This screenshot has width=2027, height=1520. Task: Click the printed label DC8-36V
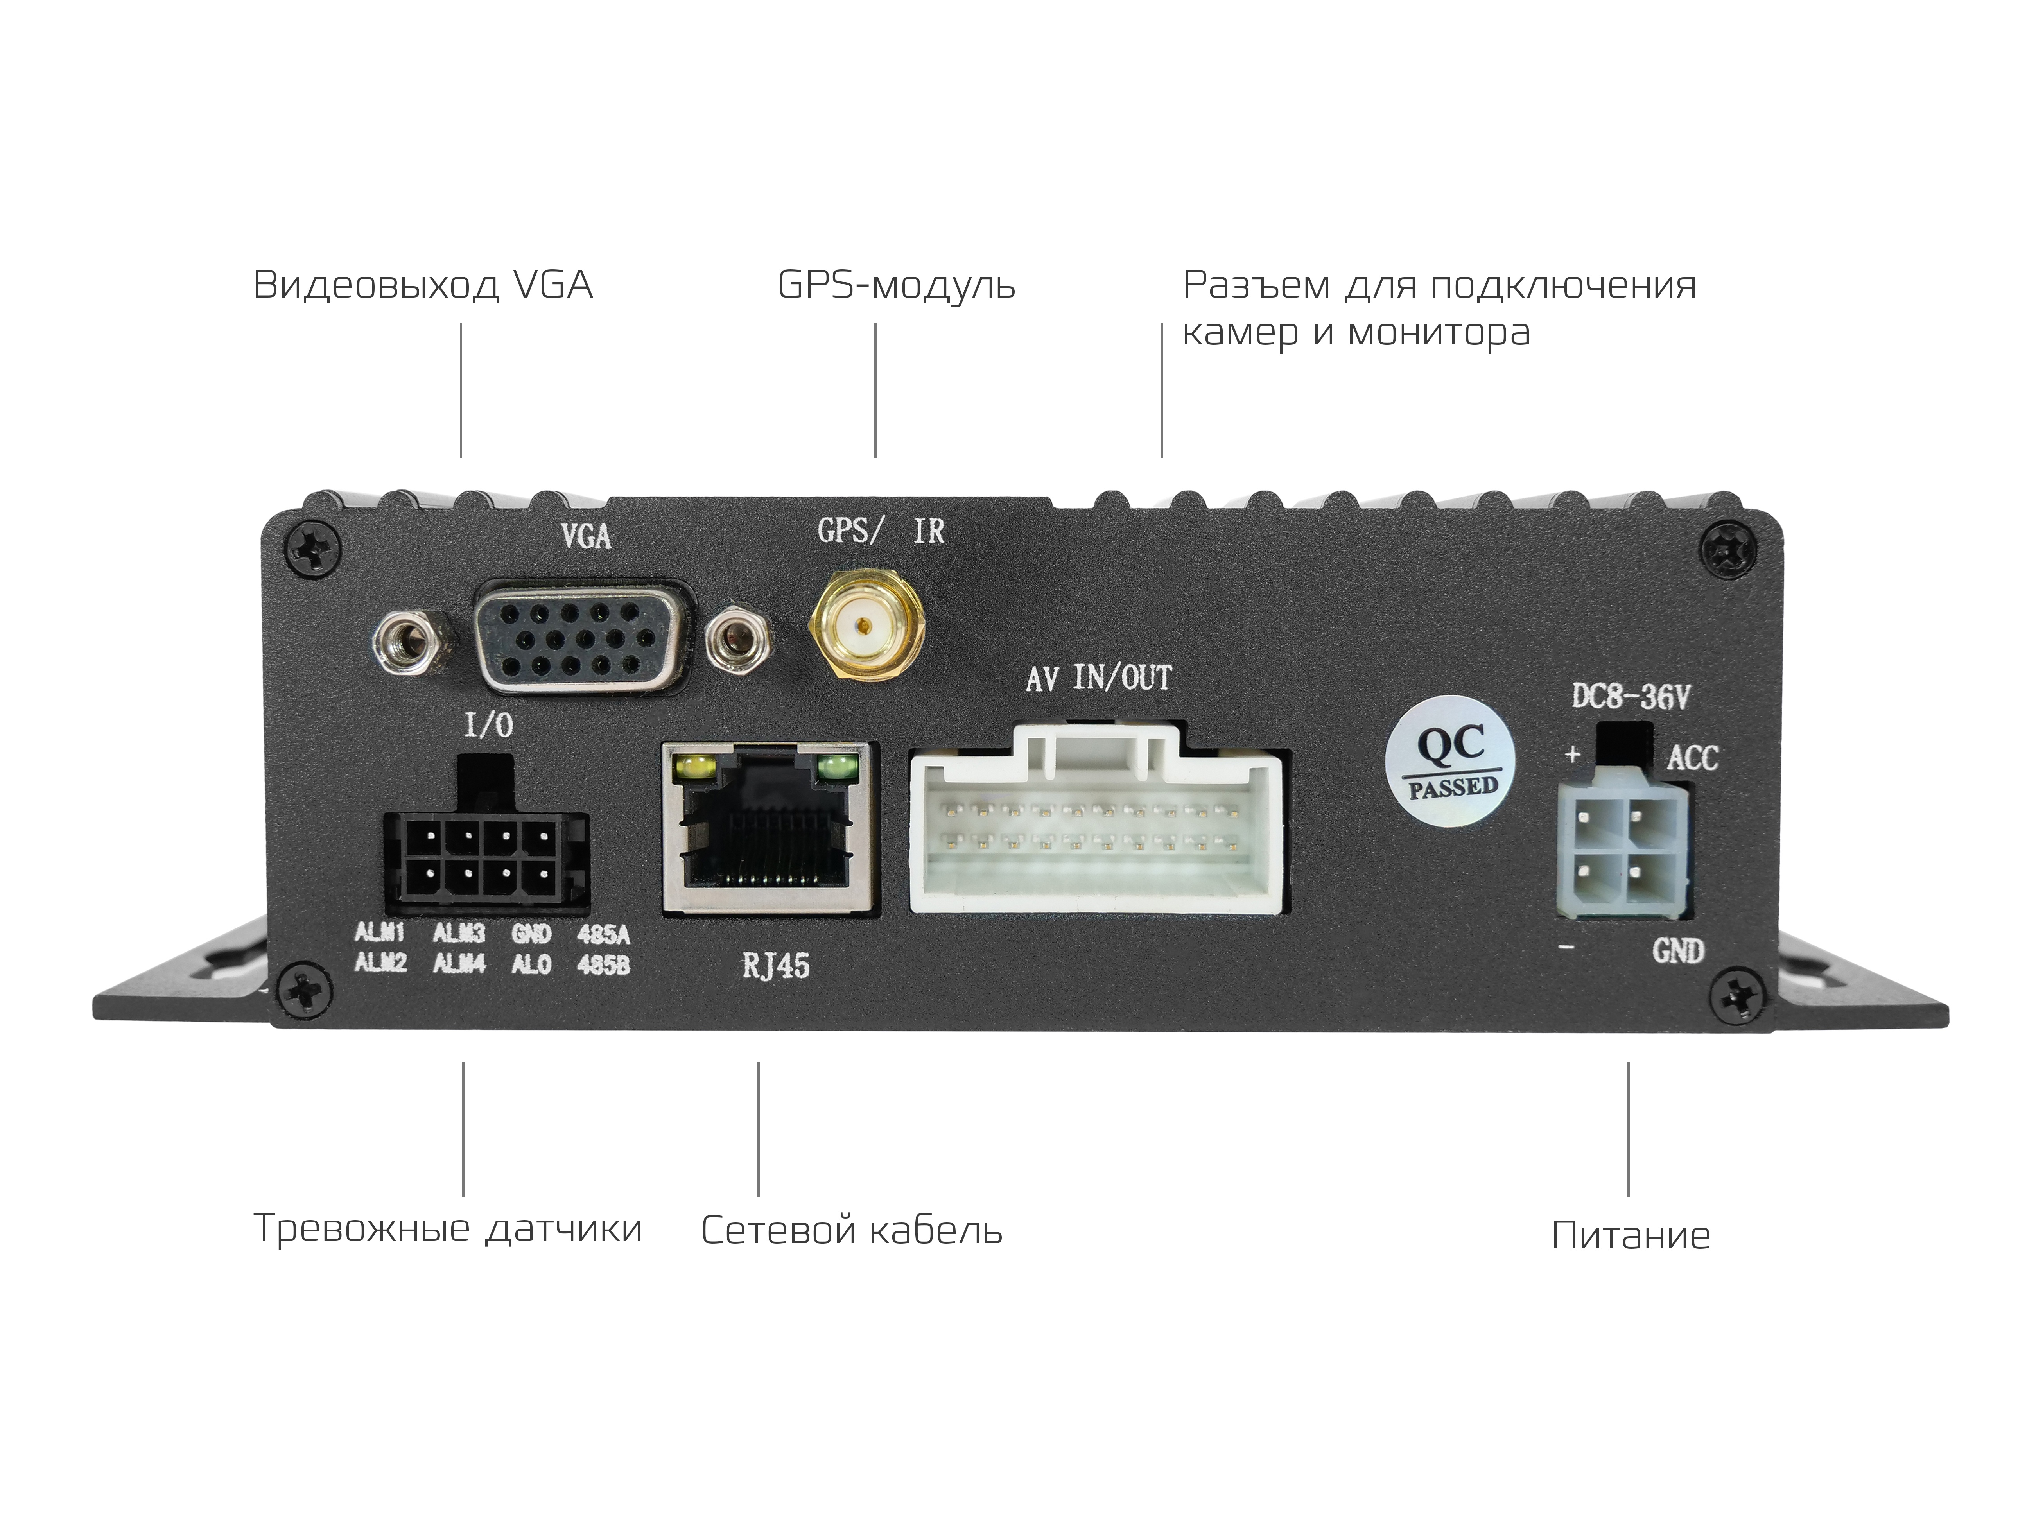[x=1630, y=698]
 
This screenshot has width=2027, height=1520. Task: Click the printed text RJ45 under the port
[x=775, y=966]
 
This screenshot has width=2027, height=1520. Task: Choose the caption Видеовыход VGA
[x=422, y=286]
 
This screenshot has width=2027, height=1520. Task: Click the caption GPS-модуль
[x=895, y=286]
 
